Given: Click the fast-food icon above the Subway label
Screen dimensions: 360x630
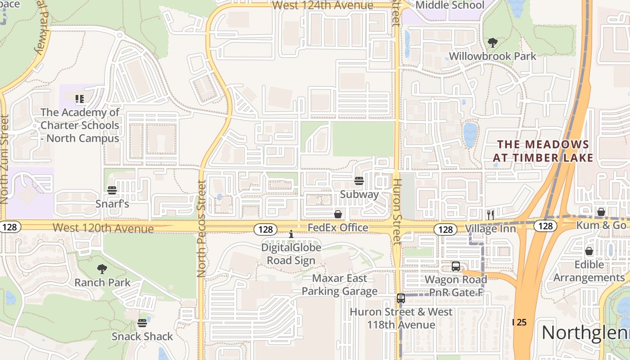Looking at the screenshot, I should (x=359, y=181).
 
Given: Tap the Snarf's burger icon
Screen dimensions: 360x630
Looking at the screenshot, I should (x=112, y=190).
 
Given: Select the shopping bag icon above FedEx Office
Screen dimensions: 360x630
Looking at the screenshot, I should (x=338, y=214).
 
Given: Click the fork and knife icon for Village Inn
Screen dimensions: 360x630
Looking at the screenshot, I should (x=490, y=215).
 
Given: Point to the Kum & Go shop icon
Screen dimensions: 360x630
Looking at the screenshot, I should (x=601, y=211).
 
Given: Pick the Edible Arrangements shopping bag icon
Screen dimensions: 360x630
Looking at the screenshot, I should (x=589, y=251).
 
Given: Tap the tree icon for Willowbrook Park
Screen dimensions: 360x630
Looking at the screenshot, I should (x=493, y=43).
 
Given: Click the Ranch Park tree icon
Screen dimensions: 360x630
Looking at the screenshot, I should (x=102, y=269).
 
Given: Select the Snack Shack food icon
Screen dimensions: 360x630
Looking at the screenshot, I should (x=142, y=323).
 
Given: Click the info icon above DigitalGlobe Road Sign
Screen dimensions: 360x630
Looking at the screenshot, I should (x=291, y=234).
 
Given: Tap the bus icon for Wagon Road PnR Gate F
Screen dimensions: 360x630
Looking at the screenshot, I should (x=456, y=266).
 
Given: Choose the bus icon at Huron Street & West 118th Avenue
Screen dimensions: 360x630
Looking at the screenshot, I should (x=401, y=298).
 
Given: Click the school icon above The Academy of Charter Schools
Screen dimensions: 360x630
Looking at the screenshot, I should (x=80, y=99).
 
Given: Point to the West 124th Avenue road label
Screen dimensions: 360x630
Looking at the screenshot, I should (x=323, y=5).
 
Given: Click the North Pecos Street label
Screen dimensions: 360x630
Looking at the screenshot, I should (x=201, y=229).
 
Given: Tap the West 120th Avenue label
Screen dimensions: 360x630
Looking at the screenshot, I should (x=103, y=229).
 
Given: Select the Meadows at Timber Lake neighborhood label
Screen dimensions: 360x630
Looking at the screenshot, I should (x=543, y=151).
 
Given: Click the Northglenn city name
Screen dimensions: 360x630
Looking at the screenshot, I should (x=585, y=333).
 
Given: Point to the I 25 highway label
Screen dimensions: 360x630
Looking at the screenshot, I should (x=520, y=322).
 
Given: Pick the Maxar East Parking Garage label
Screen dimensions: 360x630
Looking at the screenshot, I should (x=339, y=284).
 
